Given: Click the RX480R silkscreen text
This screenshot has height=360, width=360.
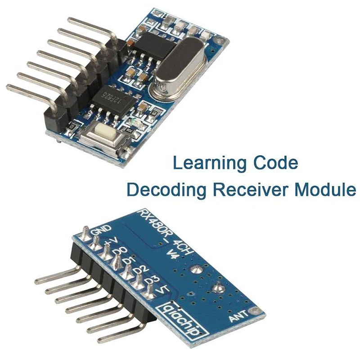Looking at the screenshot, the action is [153, 223].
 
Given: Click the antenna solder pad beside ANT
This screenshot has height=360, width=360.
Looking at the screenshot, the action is [256, 310].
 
